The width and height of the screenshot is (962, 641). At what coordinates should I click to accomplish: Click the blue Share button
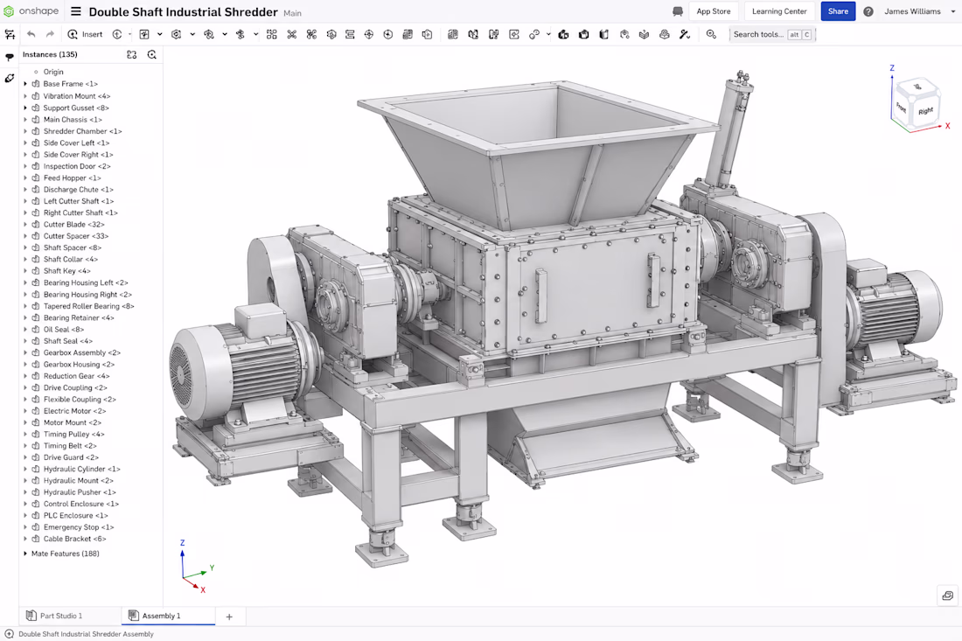(838, 11)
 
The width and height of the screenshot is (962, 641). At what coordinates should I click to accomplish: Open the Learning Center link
(779, 11)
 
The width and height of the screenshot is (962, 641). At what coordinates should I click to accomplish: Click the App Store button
(714, 11)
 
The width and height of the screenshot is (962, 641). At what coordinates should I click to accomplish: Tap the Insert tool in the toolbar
(86, 34)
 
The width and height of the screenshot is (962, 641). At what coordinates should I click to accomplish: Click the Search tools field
(771, 34)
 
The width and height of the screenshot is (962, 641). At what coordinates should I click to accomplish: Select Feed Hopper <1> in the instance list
(72, 178)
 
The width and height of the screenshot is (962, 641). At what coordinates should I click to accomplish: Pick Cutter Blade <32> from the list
(73, 225)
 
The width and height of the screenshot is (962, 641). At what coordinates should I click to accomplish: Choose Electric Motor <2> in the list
(74, 411)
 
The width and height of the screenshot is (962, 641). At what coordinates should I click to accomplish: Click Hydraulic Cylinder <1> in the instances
(81, 470)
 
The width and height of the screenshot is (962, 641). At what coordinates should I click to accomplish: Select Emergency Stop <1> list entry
(79, 527)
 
